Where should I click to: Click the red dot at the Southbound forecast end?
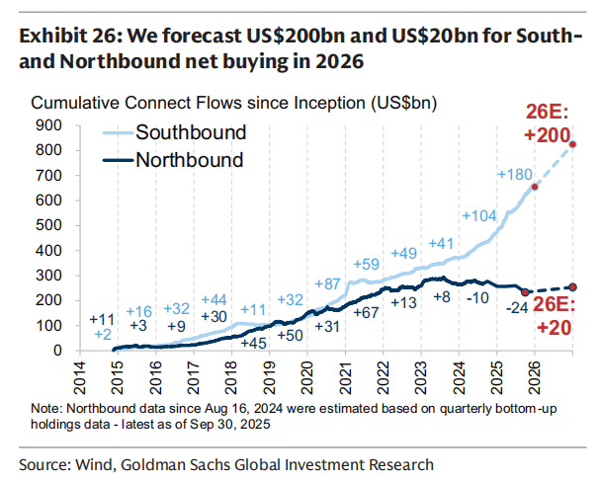573,145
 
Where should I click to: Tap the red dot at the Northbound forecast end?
573,286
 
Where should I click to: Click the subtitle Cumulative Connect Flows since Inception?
234,103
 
